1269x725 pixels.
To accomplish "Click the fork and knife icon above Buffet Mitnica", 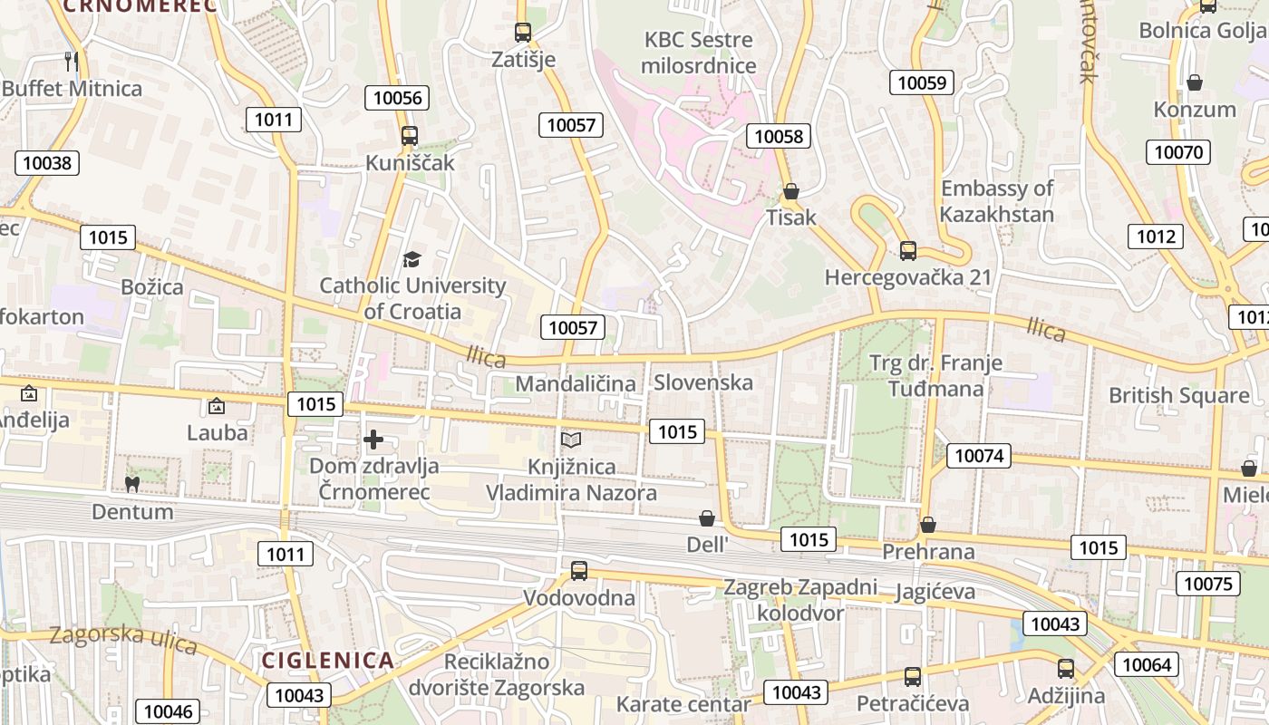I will click(x=73, y=62).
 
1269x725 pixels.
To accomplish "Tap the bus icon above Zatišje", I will click(x=523, y=33).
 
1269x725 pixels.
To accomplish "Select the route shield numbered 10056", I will click(x=397, y=98).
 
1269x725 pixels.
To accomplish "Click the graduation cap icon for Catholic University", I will click(x=412, y=260).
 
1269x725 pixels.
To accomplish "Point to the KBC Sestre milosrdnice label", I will click(x=698, y=53).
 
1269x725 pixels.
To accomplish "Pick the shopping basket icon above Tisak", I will click(x=791, y=191).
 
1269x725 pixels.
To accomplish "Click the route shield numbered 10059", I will click(x=922, y=83).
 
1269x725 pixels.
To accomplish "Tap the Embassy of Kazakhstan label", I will click(x=996, y=201).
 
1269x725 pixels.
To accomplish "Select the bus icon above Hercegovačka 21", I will click(x=908, y=251).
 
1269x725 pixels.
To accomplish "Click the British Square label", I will click(x=1178, y=395).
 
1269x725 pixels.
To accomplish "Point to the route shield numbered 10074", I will click(x=978, y=456).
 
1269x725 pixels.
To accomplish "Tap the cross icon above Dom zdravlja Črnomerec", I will click(x=373, y=440).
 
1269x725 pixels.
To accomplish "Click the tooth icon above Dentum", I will click(x=132, y=484).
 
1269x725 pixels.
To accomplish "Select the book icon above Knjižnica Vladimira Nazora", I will click(x=571, y=440).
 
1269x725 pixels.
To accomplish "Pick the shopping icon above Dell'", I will click(x=707, y=518).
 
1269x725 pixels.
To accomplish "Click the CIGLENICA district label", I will click(x=328, y=660).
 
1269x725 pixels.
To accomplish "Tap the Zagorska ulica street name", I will click(x=123, y=638).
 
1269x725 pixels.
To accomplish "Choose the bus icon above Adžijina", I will click(x=1066, y=670).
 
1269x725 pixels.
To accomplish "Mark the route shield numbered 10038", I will click(x=46, y=163).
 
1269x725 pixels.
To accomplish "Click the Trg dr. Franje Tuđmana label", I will click(x=935, y=376).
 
